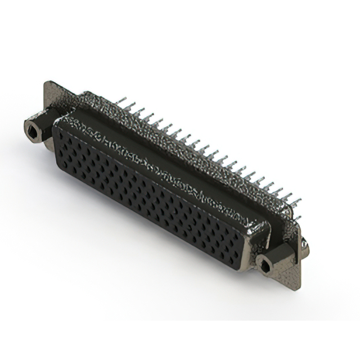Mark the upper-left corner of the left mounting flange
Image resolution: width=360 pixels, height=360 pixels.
(x=46, y=83)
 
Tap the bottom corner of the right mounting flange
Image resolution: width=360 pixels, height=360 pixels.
(x=292, y=284)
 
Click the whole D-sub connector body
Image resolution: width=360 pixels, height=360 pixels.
(x=169, y=180)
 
